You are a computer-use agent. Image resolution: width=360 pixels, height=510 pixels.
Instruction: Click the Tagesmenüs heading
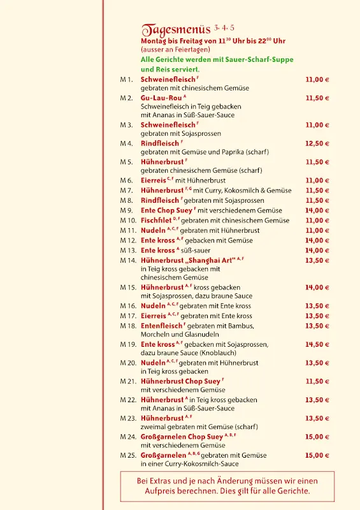coord(176,30)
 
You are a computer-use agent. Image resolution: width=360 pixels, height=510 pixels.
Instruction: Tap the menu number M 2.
coord(126,98)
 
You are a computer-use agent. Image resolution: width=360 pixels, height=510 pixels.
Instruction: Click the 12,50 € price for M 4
coord(317,143)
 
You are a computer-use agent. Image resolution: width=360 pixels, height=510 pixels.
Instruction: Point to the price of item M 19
coord(317,344)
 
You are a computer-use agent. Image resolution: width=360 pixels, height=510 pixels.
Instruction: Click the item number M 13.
coord(128,251)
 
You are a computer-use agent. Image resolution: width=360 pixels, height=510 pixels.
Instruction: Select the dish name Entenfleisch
coord(165,326)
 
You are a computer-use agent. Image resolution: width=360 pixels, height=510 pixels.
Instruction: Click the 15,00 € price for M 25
coord(317,455)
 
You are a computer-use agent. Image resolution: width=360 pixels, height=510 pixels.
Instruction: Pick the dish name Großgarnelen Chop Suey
coord(182,437)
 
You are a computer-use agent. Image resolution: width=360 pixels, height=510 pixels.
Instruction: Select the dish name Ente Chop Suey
coord(166,210)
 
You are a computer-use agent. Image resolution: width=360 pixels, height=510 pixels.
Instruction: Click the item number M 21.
coord(128,381)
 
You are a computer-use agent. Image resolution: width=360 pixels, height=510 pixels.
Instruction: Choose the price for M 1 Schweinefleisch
coord(317,80)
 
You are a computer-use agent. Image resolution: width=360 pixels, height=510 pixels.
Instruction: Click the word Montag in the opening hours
coord(153,41)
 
